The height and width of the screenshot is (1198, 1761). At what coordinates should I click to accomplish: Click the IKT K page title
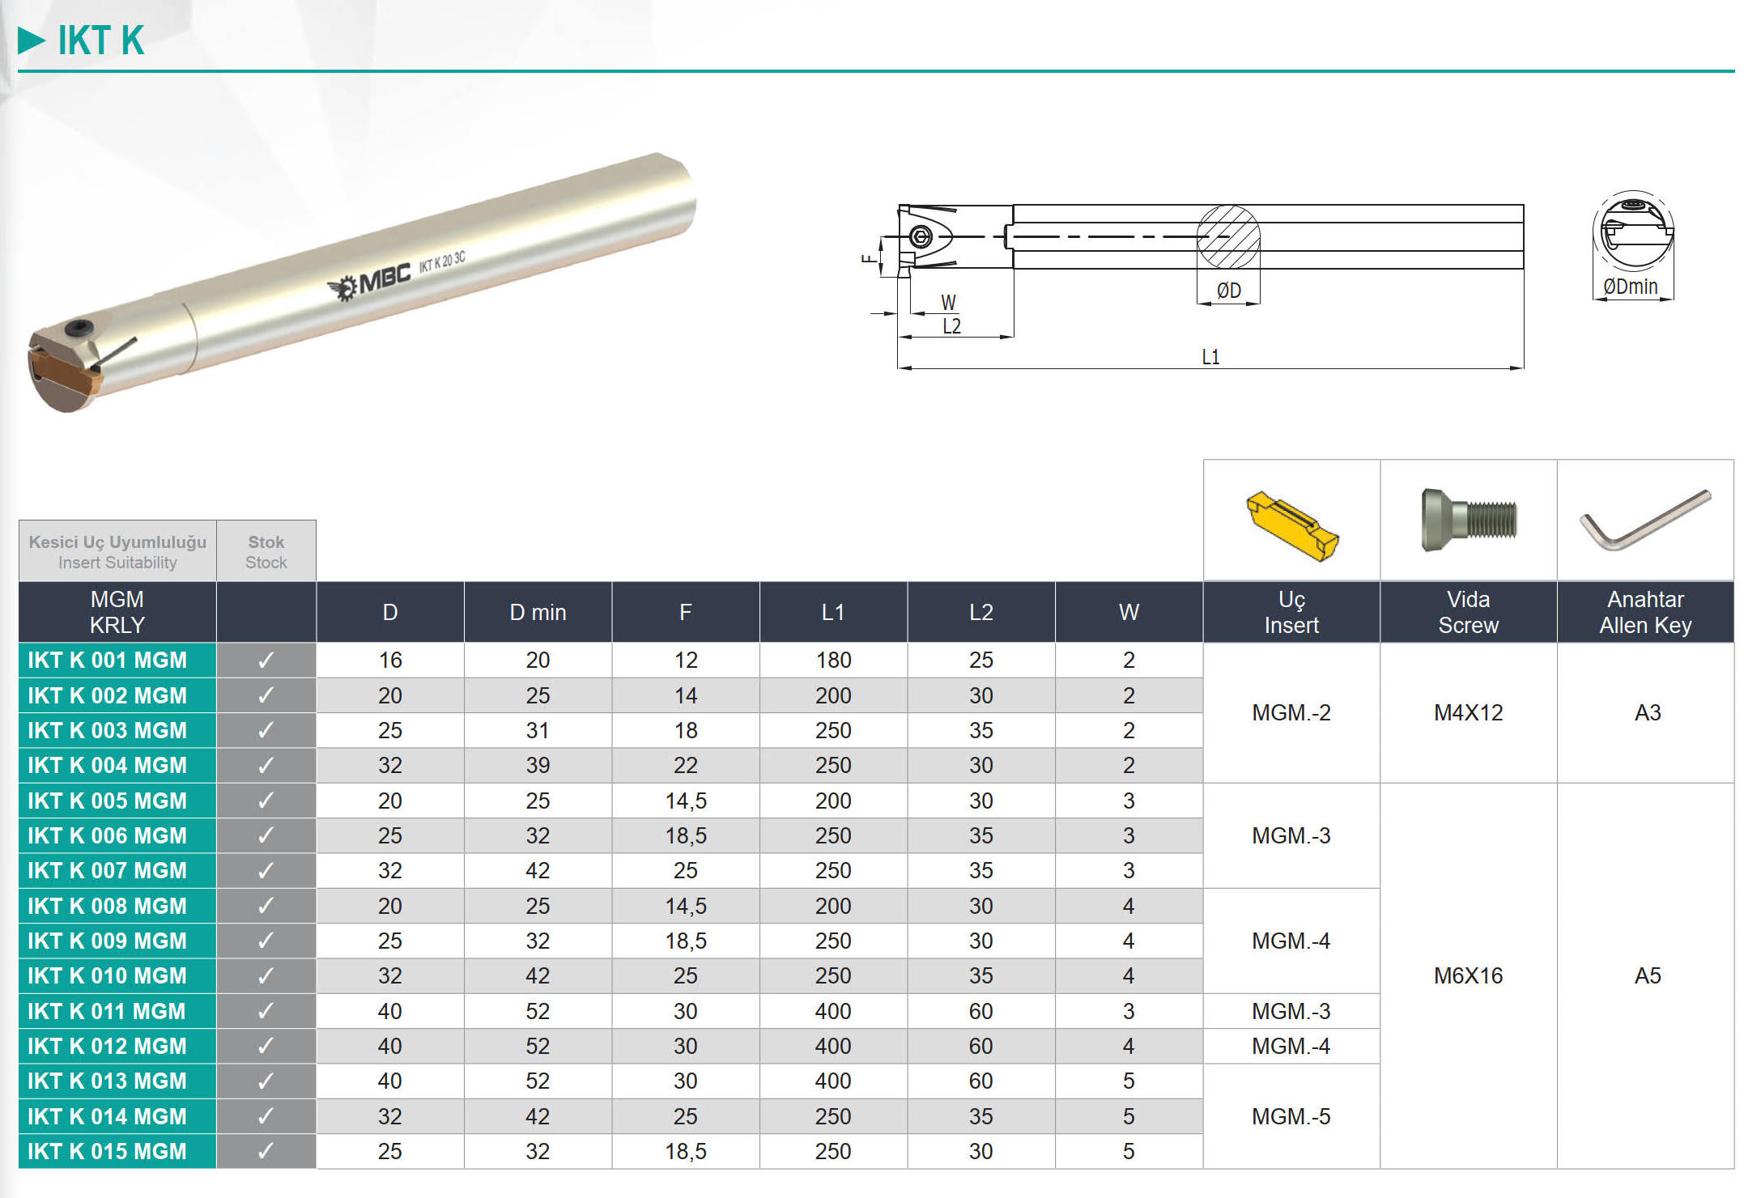pos(100,40)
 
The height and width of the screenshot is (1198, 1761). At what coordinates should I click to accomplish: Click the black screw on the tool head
pos(79,329)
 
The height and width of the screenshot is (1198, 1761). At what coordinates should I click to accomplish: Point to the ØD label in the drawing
pos(1228,290)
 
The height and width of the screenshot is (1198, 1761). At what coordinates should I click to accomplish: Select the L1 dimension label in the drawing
pos(1210,357)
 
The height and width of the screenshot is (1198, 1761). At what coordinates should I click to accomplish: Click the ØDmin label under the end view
pos(1631,287)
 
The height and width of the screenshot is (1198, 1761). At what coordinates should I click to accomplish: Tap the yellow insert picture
pos(1292,525)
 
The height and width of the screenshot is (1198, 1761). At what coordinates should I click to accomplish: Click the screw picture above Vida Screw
pos(1469,520)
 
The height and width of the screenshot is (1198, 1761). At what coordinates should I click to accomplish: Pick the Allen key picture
pos(1645,520)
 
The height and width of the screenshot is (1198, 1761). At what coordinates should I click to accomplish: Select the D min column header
pos(538,613)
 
